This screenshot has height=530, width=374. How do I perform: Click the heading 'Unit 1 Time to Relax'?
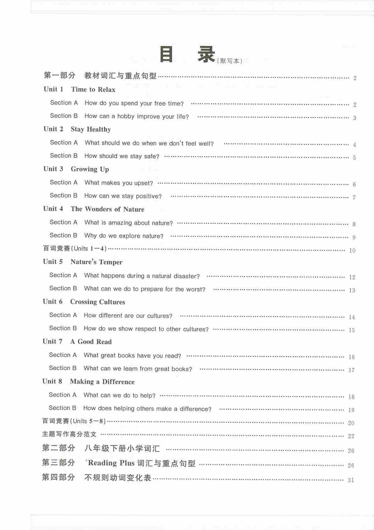click(80, 89)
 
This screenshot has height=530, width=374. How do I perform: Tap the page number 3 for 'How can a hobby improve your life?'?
click(355, 118)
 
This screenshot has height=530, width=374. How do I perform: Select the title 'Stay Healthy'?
click(91, 129)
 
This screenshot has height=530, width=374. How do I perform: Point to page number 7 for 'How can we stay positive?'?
click(354, 198)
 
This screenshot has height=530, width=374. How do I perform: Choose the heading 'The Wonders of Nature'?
click(107, 209)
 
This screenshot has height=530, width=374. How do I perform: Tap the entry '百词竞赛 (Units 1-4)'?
click(75, 249)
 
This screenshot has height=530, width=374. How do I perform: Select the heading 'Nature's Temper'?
click(96, 262)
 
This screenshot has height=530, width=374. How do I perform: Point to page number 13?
click(352, 290)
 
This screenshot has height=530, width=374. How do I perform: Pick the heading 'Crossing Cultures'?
click(97, 302)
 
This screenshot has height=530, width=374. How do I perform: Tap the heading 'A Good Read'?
click(91, 342)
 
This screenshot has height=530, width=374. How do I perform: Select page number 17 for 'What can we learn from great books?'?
click(351, 370)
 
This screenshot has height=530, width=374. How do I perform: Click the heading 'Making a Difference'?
click(102, 382)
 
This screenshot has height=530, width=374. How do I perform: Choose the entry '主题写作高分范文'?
click(69, 434)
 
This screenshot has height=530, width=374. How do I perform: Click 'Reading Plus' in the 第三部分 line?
click(107, 463)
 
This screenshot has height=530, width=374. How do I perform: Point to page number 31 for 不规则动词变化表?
click(351, 480)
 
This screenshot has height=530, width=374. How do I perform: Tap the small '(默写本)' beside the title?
click(230, 61)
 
